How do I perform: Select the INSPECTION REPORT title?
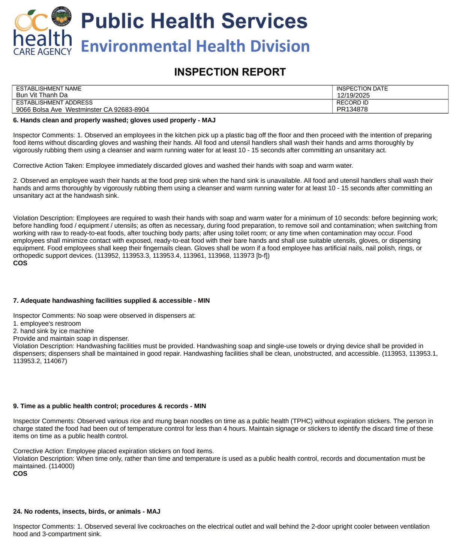tap(230, 72)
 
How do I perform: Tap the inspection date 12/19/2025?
tap(353, 95)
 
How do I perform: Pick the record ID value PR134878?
tap(352, 109)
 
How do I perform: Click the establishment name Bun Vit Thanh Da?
tap(42, 95)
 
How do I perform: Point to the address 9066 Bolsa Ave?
tap(39, 110)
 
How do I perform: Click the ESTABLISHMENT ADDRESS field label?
tap(54, 102)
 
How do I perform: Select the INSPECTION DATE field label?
tap(362, 89)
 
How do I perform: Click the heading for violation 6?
tap(114, 120)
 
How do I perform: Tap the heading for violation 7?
tap(111, 301)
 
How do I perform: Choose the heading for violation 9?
tap(109, 406)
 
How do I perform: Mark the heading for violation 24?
tap(87, 511)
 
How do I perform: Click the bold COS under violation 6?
tap(20, 263)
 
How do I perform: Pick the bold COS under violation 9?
tap(20, 473)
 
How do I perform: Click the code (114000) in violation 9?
tap(61, 466)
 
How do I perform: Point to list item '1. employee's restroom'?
tap(47, 323)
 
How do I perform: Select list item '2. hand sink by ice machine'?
tap(53, 331)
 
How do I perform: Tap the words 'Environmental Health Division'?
tap(195, 46)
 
